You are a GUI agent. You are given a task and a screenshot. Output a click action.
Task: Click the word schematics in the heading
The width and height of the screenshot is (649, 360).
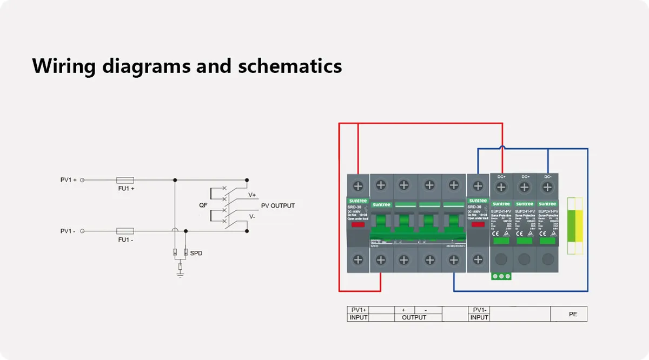tap(290, 66)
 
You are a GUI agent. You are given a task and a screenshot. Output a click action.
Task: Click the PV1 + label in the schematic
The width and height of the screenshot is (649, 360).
tap(68, 180)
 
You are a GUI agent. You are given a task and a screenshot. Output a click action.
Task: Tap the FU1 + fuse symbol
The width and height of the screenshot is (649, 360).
tap(125, 180)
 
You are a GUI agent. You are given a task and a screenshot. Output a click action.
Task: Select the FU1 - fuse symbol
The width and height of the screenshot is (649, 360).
tap(125, 231)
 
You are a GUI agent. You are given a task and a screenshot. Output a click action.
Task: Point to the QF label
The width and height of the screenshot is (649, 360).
tap(203, 205)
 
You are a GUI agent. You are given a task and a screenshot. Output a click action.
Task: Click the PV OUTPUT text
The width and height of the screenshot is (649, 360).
tap(278, 206)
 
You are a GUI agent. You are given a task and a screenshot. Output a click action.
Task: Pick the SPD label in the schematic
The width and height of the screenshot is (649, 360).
tap(196, 253)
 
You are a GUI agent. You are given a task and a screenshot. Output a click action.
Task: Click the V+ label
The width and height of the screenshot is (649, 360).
tap(252, 195)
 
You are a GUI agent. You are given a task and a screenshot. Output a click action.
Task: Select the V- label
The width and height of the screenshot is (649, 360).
tap(252, 216)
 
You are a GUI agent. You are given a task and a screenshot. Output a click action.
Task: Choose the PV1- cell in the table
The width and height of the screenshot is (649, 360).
tap(480, 310)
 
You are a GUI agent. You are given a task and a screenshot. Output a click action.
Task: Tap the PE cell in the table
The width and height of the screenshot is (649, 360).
tap(573, 314)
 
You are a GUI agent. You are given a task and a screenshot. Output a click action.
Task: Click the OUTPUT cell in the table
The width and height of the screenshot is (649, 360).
tap(414, 318)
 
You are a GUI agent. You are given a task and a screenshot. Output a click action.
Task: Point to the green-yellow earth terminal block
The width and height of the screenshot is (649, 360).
tap(574, 225)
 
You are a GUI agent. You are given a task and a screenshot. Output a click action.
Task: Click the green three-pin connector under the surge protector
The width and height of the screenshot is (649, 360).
tap(501, 276)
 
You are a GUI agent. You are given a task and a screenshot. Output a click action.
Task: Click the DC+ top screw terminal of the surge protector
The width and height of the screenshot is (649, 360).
tap(501, 187)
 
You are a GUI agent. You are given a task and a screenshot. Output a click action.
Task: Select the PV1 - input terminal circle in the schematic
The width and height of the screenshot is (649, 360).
tap(82, 231)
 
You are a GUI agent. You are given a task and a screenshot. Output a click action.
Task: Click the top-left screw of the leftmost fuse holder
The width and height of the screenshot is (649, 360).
tap(358, 185)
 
